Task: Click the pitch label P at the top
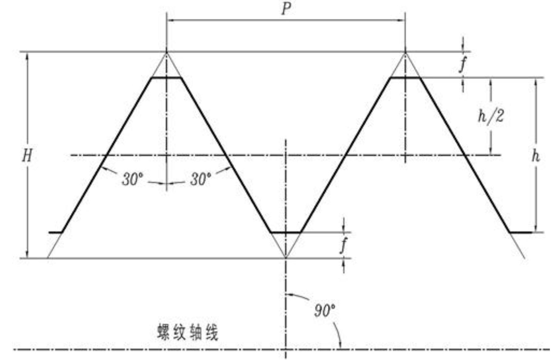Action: tap(286, 9)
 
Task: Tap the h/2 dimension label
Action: tap(491, 116)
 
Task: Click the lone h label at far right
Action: tap(536, 156)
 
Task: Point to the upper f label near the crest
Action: tap(463, 65)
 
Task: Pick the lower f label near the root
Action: tap(343, 245)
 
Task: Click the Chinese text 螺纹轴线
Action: tap(188, 332)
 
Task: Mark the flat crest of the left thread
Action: tap(166, 78)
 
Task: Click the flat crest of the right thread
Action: tap(405, 78)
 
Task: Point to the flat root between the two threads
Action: tap(286, 232)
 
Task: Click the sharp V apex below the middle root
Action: tap(286, 257)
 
